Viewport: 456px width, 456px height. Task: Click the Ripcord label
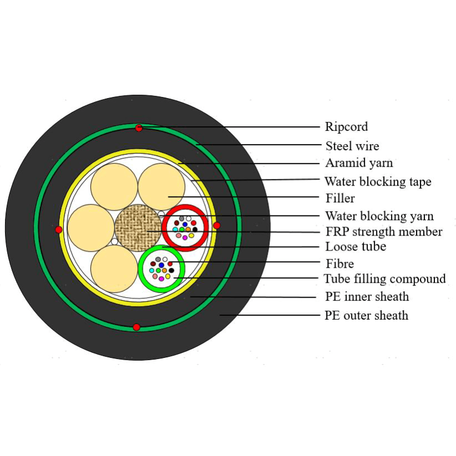346,127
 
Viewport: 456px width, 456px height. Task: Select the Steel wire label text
352,146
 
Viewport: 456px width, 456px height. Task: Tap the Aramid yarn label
358,163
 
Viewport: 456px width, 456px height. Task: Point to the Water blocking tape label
377,182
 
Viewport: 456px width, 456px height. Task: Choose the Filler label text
340,198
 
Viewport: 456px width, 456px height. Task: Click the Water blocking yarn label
379,216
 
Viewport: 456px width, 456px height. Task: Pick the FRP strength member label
383,232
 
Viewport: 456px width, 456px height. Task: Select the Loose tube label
355,247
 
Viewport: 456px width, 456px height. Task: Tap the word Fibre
339,264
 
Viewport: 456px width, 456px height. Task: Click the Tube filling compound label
385,279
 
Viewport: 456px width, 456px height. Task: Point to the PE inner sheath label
366,297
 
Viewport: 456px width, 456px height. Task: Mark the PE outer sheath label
366,315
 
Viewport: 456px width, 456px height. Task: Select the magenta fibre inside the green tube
161,279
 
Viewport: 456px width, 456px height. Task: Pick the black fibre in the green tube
171,270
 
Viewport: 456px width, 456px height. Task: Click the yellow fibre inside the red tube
191,235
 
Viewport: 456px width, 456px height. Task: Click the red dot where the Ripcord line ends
139,128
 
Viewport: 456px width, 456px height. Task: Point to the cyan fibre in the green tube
152,270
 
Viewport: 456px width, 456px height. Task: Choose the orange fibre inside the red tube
188,229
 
